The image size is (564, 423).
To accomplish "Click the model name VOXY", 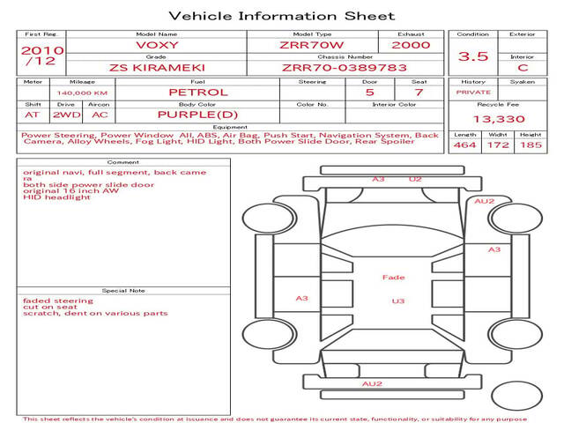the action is [x=157, y=45].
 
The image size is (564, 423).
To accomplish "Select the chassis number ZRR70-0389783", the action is [x=345, y=68].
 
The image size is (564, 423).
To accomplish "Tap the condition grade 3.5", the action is [x=473, y=56].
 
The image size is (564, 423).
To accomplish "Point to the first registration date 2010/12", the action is [x=42, y=56].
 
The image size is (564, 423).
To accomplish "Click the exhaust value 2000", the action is [x=411, y=45].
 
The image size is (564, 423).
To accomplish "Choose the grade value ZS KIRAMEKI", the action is [x=157, y=68].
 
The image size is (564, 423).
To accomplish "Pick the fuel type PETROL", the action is [x=198, y=93].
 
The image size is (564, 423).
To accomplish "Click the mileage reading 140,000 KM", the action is [x=82, y=93].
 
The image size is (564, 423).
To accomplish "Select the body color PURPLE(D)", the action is [x=197, y=115].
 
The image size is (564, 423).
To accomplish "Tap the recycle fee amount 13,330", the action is [x=499, y=119].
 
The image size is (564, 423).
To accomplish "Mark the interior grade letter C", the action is [x=523, y=68].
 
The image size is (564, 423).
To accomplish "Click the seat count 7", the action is [x=419, y=93].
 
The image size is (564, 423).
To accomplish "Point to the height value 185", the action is [x=531, y=145].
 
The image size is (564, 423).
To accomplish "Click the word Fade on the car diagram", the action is [x=394, y=278].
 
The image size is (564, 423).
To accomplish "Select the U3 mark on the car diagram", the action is [x=398, y=301].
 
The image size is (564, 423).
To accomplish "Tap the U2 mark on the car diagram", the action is [x=415, y=179].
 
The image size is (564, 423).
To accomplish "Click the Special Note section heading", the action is [x=123, y=291].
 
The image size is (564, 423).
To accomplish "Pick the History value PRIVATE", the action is [x=473, y=93].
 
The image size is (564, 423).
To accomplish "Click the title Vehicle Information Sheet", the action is [x=282, y=16].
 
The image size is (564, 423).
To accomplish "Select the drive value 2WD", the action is [x=67, y=115].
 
